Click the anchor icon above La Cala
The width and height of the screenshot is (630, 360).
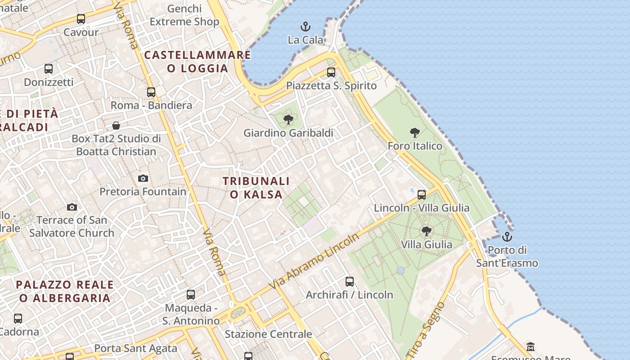point(306,27)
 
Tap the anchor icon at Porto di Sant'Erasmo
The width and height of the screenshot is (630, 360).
point(507,236)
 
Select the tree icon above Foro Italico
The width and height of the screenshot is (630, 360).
point(415,133)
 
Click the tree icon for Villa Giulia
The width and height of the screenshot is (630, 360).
point(426,231)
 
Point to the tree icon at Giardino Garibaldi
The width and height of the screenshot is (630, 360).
point(288,120)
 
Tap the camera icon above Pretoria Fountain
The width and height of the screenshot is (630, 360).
point(143,178)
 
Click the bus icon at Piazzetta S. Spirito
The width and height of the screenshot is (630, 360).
point(331,72)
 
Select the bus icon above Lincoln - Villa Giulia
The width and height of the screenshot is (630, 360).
point(422,194)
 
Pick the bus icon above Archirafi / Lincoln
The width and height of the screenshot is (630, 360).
point(350,282)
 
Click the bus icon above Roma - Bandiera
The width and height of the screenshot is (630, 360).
point(151,92)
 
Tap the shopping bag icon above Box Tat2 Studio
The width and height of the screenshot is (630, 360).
point(116,125)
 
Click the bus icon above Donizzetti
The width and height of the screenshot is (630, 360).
point(49,69)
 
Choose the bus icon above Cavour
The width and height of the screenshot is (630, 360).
point(81,19)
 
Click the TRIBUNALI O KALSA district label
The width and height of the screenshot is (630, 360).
point(256,188)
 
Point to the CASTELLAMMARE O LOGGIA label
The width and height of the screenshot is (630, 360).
point(198,62)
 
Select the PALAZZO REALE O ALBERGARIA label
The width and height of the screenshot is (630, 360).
point(65,291)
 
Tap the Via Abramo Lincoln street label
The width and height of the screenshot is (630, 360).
point(314,261)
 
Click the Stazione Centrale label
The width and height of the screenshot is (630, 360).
point(268,334)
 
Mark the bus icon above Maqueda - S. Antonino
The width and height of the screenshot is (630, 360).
point(191,295)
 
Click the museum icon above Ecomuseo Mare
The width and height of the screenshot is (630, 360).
point(531,346)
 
